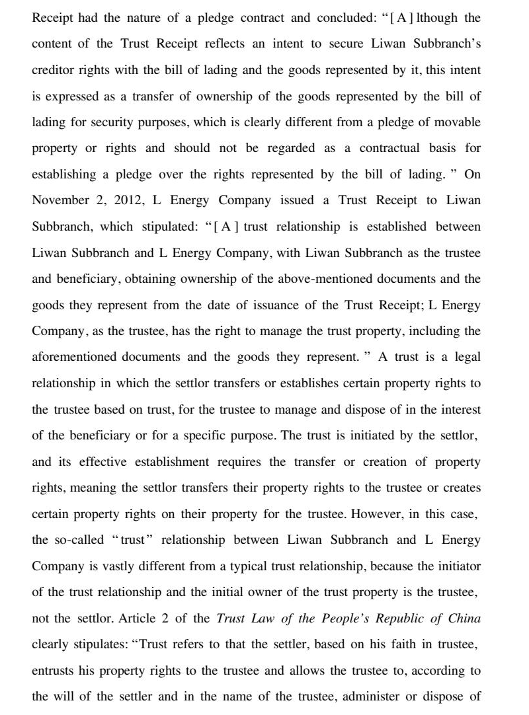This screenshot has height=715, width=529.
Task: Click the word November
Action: tap(60, 200)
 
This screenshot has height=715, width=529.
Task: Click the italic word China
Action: tap(464, 619)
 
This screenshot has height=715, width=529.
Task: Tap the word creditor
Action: tap(55, 70)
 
